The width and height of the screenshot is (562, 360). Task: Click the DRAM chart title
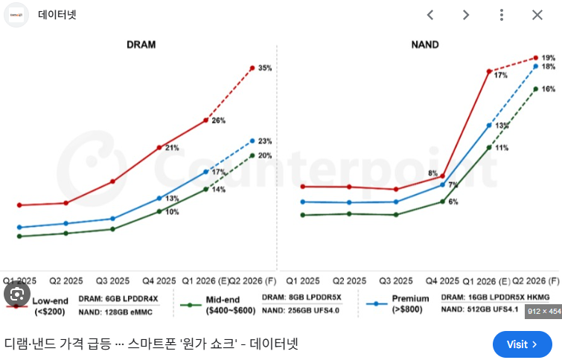pyautogui.click(x=141, y=45)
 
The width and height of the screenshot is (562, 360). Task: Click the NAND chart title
pyautogui.click(x=424, y=45)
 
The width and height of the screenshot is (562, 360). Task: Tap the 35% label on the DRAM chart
pyautogui.click(x=264, y=68)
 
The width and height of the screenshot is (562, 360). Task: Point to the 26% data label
pyautogui.click(x=218, y=120)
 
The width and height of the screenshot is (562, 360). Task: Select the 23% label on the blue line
pyautogui.click(x=264, y=141)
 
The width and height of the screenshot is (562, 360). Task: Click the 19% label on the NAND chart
pyautogui.click(x=548, y=57)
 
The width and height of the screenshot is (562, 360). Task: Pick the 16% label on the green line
pyautogui.click(x=548, y=89)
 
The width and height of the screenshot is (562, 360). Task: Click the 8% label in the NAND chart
pyautogui.click(x=432, y=173)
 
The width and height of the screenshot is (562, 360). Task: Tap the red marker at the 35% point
pyautogui.click(x=252, y=68)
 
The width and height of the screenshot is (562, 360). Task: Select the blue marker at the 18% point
pyautogui.click(x=535, y=66)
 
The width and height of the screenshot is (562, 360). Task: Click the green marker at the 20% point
pyautogui.click(x=252, y=155)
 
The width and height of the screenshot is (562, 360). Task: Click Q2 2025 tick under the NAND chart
pyautogui.click(x=348, y=281)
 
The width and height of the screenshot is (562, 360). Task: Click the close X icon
pyautogui.click(x=537, y=15)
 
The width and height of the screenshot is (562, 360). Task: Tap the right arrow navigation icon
pyautogui.click(x=466, y=15)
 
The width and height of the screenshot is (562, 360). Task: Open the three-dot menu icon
pyautogui.click(x=502, y=15)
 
